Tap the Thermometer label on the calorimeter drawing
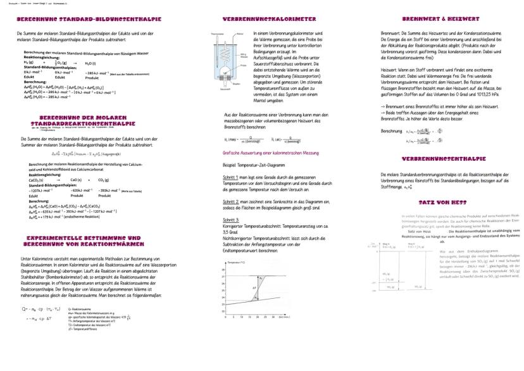(x=218, y=32)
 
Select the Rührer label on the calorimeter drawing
(x=239, y=32)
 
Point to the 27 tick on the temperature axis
(x=222, y=277)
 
